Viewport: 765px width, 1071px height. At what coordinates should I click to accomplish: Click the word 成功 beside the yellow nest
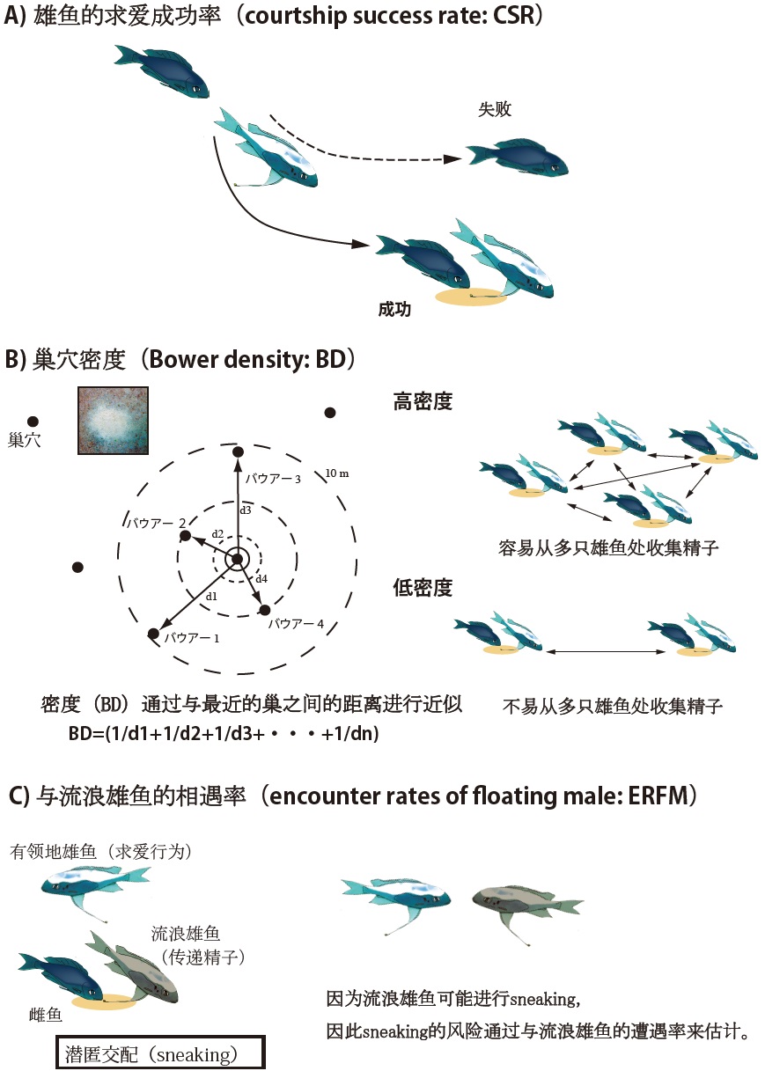pos(394,310)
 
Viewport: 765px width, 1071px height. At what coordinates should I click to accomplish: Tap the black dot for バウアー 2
pos(185,535)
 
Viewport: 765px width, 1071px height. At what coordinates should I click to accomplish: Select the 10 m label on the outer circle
pos(338,473)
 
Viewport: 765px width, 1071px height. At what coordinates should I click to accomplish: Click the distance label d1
pos(210,597)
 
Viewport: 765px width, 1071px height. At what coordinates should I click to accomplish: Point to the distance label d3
pos(246,510)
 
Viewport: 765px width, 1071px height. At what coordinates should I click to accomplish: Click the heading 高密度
pos(423,402)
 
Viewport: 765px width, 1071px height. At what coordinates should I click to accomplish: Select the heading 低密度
pos(423,588)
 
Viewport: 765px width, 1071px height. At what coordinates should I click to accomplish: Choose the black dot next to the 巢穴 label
pos(33,422)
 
